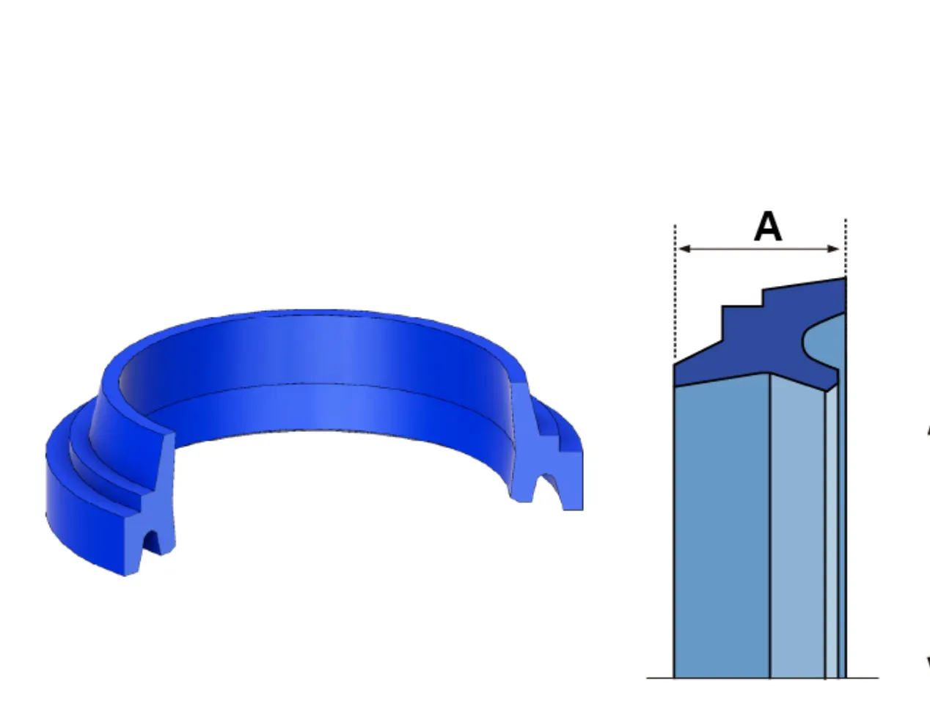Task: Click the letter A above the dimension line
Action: pyautogui.click(x=768, y=227)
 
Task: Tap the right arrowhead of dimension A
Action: pyautogui.click(x=833, y=249)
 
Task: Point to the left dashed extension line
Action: pyautogui.click(x=675, y=293)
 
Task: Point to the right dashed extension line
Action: pyautogui.click(x=846, y=247)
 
